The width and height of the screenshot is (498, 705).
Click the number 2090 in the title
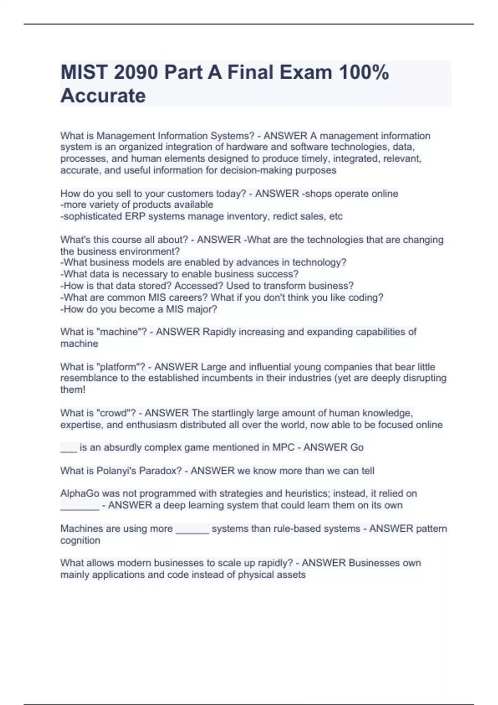pos(135,73)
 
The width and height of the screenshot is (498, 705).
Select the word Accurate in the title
pos(103,96)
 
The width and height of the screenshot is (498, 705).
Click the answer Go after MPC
pos(357,448)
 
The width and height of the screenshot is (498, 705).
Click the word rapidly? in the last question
pos(273,563)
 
